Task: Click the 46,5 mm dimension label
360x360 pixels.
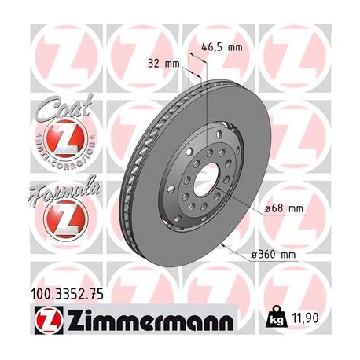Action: (223, 47)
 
